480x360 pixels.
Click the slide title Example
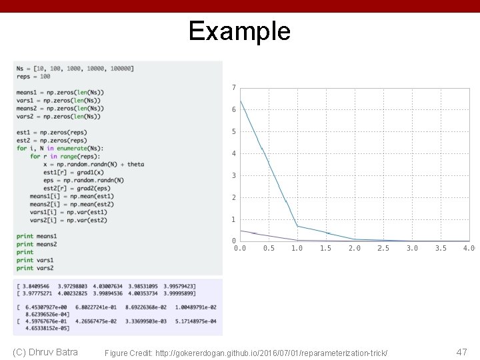pos(239,31)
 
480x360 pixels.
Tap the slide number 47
pos(461,351)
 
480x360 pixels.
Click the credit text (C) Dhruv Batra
pos(45,352)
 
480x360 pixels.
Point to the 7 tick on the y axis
pos(233,87)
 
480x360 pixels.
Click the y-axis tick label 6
pos(233,109)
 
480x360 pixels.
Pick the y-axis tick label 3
pos(233,175)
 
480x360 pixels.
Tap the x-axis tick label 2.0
pos(354,249)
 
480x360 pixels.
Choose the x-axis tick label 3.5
pos(441,249)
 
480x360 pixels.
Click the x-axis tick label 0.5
pos(268,249)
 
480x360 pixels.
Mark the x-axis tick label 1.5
pos(325,249)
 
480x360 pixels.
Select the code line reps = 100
pos(33,76)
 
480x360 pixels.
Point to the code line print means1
pos(37,236)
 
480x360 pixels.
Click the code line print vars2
pos(35,268)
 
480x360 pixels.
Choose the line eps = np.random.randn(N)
pos(83,180)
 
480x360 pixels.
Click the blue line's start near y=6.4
pos(241,101)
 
